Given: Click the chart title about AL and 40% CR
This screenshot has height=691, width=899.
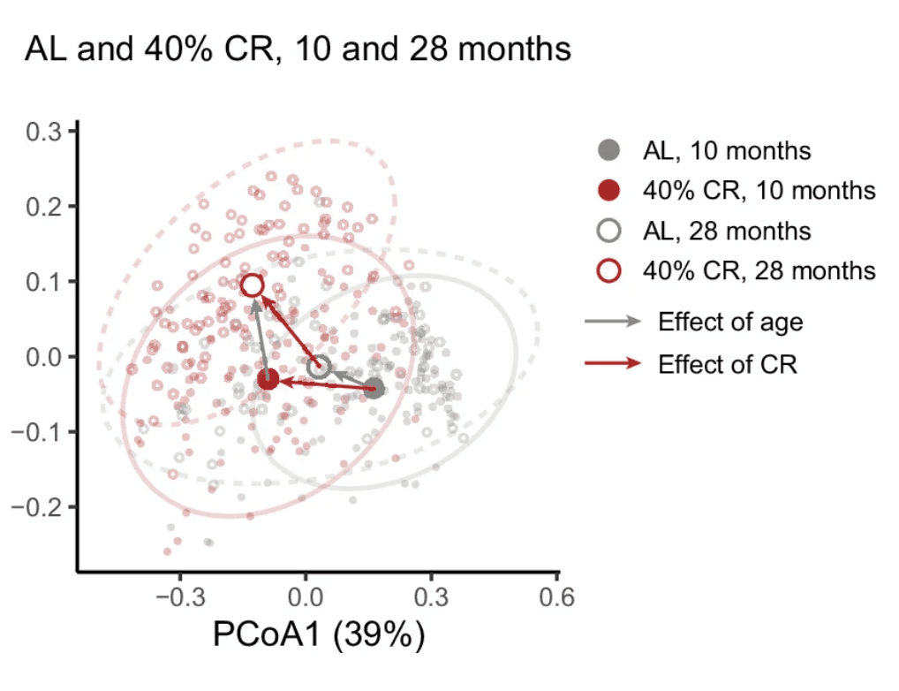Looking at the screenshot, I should (x=298, y=49).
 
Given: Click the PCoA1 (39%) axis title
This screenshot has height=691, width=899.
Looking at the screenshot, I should (x=319, y=635).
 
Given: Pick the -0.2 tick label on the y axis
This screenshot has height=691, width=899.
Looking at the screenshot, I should (x=35, y=507).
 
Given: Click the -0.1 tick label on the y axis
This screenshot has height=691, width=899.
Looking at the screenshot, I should (x=35, y=432).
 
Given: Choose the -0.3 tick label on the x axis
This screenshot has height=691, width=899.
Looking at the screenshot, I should (x=179, y=596).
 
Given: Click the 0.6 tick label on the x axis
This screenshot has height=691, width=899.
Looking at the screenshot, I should (x=557, y=596).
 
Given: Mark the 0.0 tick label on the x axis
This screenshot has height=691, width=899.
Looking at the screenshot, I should (x=306, y=596).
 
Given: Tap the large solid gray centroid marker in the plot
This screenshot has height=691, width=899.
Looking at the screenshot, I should (x=374, y=388).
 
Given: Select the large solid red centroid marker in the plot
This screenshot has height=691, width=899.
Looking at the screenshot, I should (x=268, y=380).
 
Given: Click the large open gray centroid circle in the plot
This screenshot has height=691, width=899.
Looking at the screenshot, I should (x=320, y=367).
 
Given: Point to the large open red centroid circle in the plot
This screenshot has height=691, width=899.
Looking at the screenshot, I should (x=253, y=285).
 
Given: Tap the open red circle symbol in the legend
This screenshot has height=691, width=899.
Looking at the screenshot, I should (x=609, y=270).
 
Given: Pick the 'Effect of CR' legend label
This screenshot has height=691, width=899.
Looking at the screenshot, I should (x=728, y=363).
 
